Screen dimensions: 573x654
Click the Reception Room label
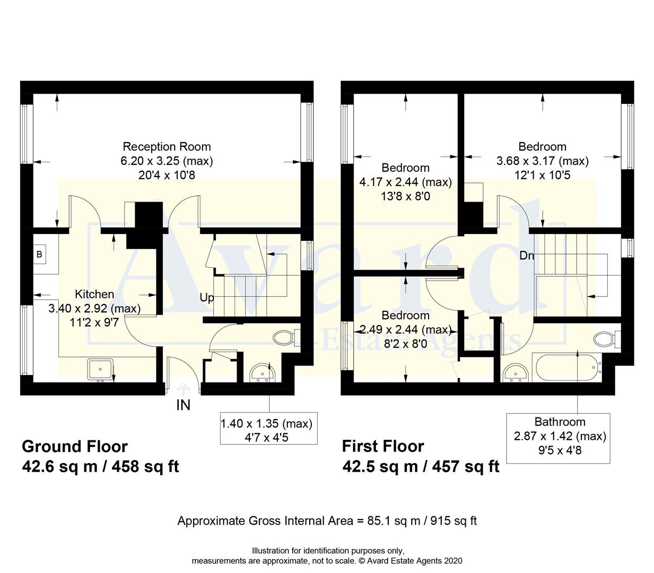[167, 147]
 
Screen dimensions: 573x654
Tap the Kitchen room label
[94, 294]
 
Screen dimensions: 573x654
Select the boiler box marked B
[39, 255]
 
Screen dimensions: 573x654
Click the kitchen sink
[100, 369]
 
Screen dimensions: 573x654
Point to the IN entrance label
[183, 405]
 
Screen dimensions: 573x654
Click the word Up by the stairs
[207, 298]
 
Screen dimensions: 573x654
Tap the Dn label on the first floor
[526, 256]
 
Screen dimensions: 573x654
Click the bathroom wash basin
[515, 372]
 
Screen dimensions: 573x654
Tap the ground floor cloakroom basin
[261, 374]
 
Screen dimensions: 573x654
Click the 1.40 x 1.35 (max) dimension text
[266, 423]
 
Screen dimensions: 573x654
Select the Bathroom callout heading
[560, 422]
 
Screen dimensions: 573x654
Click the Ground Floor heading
[75, 446]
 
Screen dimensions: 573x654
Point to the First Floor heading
[383, 446]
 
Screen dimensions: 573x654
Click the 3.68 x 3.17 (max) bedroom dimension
[542, 161]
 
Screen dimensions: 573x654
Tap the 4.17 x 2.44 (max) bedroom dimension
[406, 182]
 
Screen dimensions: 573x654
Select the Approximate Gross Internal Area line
[327, 520]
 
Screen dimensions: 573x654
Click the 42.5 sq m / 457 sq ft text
[421, 466]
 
